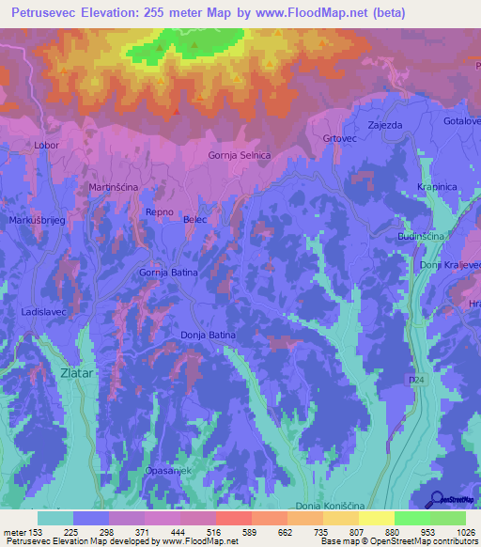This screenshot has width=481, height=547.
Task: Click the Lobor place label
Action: tap(47, 146)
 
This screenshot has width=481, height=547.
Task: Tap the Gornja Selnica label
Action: tap(240, 155)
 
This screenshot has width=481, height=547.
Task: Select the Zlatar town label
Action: tap(76, 372)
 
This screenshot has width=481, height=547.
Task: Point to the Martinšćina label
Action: tap(114, 188)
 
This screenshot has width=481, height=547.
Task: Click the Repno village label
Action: tap(159, 212)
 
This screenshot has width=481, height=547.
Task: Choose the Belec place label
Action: tap(195, 219)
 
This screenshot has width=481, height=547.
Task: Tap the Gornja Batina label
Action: tap(169, 273)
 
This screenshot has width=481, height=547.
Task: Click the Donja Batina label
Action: tap(207, 334)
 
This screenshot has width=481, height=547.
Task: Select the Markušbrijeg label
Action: tap(35, 219)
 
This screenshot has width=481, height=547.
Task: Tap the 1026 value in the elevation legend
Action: tap(462, 532)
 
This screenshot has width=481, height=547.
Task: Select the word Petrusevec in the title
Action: tap(48, 13)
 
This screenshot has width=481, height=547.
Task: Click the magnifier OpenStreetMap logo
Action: tap(437, 499)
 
